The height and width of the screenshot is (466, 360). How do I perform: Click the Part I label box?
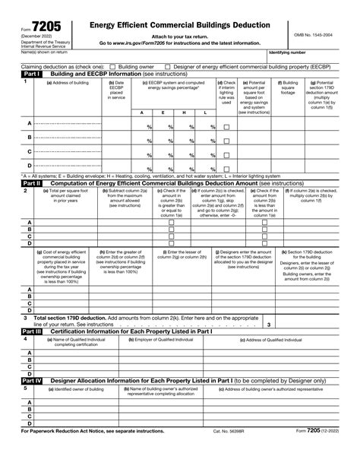[x=13, y=73]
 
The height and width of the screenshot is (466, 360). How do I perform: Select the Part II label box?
[x=13, y=182]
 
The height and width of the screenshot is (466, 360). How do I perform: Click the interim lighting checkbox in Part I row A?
[x=226, y=128]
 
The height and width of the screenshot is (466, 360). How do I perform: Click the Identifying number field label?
[x=289, y=52]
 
